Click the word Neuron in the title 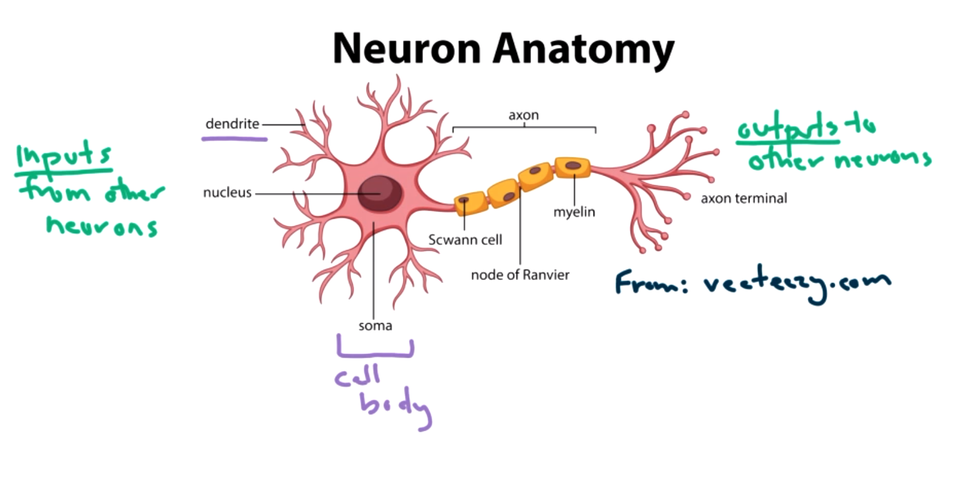pos(407,49)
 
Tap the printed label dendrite pos(232,124)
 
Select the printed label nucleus pos(227,193)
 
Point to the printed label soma pos(375,326)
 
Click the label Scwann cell pos(465,240)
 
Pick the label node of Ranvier pos(520,275)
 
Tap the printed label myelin pos(574,212)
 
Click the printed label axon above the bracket pos(523,115)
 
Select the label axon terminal pos(744,199)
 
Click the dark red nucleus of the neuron pos(380,193)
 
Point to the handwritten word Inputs pos(63,156)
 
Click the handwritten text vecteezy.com pos(796,284)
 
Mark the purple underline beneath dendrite pos(234,139)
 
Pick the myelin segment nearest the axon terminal pos(572,167)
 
